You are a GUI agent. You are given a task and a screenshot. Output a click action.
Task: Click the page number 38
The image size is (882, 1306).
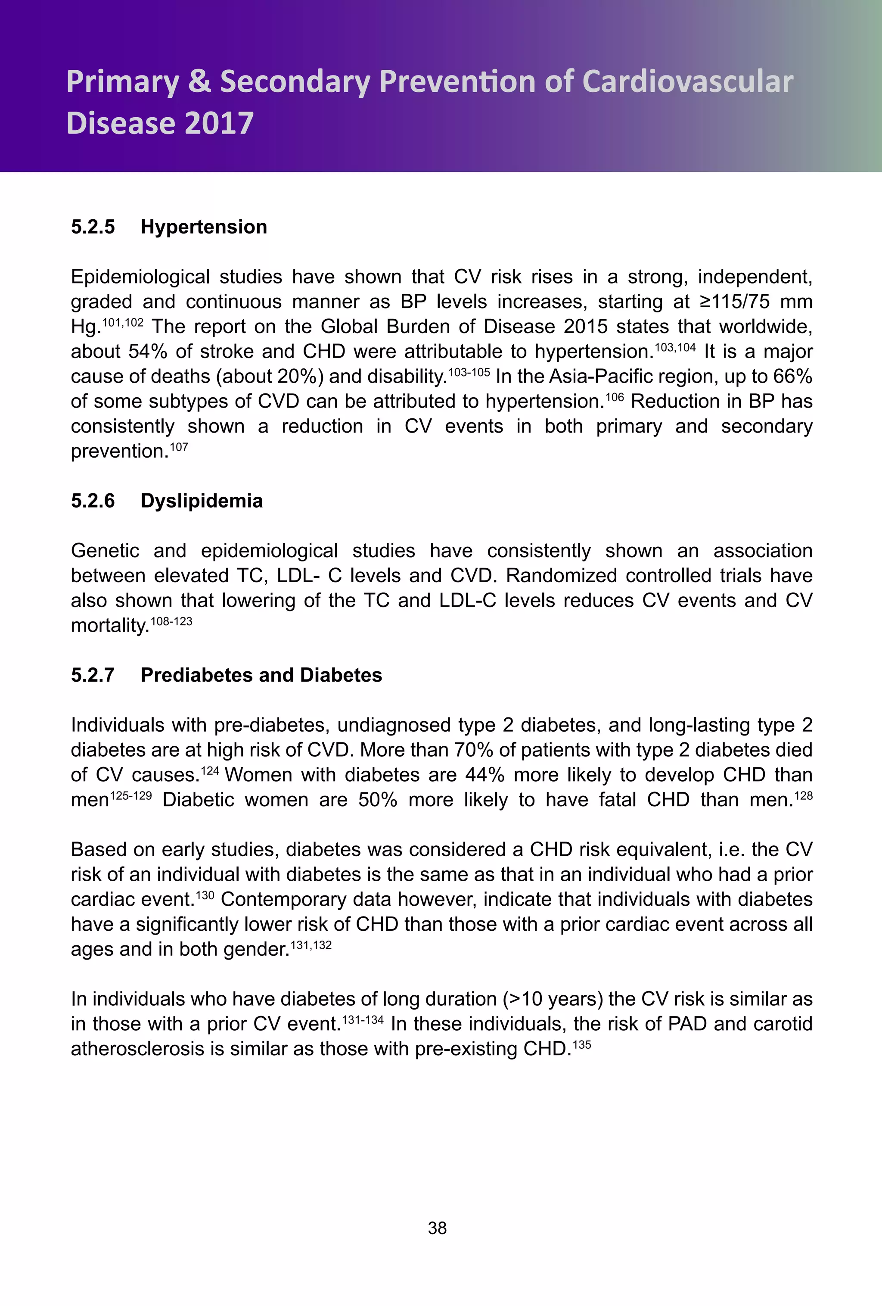coord(437,1228)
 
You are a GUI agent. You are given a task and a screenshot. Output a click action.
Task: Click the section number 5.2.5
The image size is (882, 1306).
coord(93,227)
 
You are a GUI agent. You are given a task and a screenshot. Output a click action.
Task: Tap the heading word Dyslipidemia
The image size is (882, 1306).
coord(201,501)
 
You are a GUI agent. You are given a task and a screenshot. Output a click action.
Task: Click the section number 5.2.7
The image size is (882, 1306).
coord(93,675)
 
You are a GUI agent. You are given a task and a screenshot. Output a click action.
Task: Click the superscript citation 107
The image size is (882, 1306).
coord(179,447)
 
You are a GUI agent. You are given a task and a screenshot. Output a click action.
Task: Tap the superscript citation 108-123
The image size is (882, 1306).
coord(171,621)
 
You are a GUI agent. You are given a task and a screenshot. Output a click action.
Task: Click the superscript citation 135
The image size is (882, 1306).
coord(582,1045)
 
